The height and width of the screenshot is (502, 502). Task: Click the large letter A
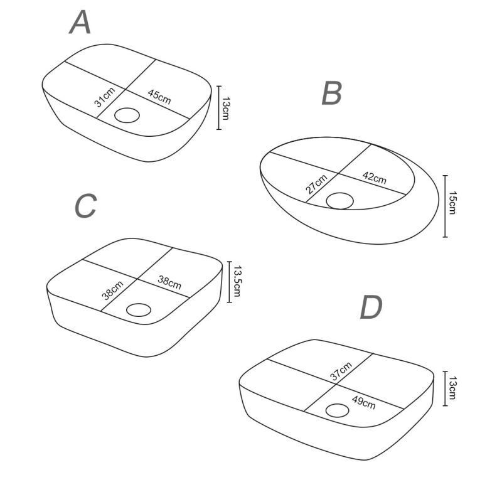point(80,22)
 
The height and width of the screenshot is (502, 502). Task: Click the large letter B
point(332,93)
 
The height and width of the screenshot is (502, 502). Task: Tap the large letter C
point(85,206)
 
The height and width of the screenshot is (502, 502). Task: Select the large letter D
point(371,307)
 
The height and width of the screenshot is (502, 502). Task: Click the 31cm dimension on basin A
point(105,97)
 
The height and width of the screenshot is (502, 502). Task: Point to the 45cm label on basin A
point(159,97)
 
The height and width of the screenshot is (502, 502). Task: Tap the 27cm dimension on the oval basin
point(316,184)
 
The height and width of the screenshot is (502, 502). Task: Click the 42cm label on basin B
point(374,178)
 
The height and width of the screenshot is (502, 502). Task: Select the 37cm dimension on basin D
point(341,371)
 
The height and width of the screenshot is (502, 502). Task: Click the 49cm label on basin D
point(364,402)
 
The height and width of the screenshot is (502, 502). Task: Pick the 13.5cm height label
point(237,280)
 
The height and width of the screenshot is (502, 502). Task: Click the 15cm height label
point(452,202)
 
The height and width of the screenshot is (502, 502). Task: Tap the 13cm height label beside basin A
point(225,108)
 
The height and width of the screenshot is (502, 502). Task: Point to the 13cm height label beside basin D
point(452,388)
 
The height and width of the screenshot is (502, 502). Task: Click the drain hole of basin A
point(127,115)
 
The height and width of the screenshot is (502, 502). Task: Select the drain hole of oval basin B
point(339,201)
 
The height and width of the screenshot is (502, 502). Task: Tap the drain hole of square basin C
point(139,309)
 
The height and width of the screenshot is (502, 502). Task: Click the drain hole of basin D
point(337,410)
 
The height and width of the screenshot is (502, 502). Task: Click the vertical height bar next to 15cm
point(445,206)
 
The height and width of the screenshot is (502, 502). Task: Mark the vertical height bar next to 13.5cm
point(229,282)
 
